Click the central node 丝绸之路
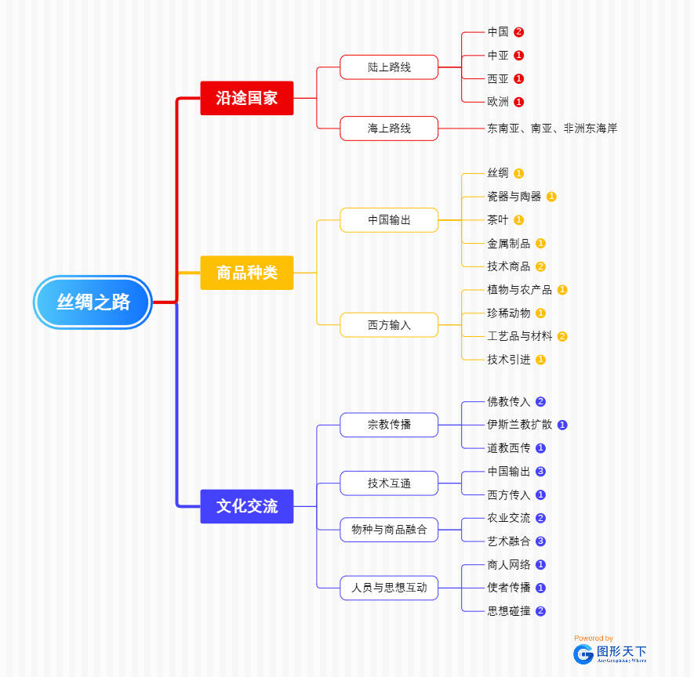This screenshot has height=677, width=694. coord(93,302)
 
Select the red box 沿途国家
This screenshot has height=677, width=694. coord(246,98)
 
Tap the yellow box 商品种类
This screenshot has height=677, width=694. coord(246,273)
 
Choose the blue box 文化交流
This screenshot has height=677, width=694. coord(246,506)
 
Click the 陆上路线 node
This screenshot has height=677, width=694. coord(389,67)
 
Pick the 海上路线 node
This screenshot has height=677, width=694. coord(389,128)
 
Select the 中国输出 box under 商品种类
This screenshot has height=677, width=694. coord(389,219)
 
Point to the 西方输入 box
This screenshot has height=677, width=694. coord(389,324)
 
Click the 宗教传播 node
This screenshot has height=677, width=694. coord(389,425)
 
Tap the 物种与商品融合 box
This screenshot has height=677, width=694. coord(389,530)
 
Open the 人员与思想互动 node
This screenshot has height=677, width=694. coord(389,587)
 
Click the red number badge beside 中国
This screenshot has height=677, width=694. coord(518,32)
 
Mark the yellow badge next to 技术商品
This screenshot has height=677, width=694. coord(540,266)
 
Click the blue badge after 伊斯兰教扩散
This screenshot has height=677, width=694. coord(562,425)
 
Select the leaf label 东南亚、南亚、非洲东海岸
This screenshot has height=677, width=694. coord(552,128)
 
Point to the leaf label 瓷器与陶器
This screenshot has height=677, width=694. coord(514,197)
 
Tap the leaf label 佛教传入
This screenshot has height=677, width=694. coord(508,402)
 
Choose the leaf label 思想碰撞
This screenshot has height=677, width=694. coord(508,611)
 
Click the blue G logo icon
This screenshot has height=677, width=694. coord(583,653)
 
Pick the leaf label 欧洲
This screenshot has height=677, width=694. coord(498,102)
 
